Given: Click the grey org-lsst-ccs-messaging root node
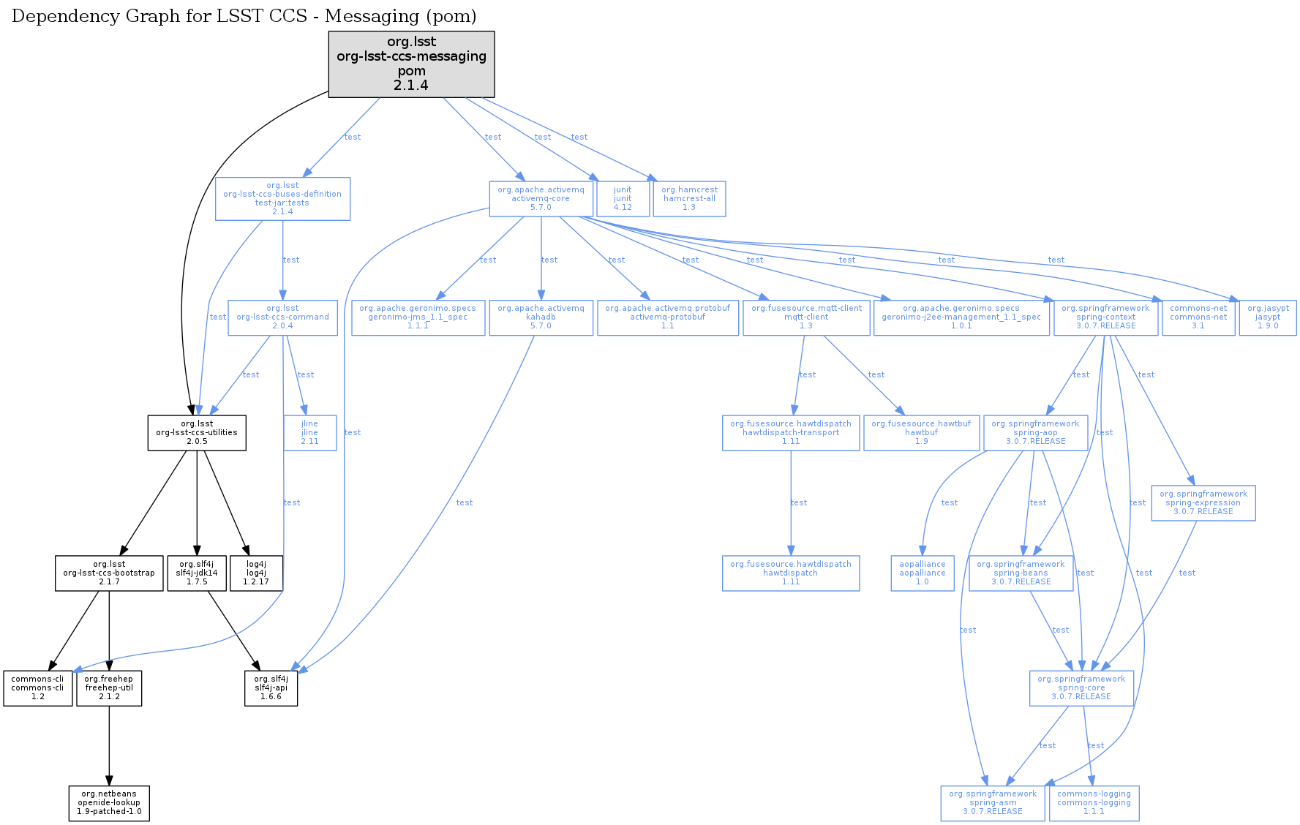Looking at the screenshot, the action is pos(411,64).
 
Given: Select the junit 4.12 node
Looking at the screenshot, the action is pos(623,199).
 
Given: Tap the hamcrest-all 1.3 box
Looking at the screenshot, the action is pos(689,199).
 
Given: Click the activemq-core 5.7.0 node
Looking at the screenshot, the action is pos(541,199).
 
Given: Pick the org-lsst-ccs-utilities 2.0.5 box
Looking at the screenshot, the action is pos(197,433).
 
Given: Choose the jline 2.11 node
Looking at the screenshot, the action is pos(309,433).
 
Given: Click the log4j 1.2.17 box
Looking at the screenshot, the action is pos(256,573).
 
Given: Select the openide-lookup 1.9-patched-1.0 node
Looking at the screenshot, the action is pos(109,803).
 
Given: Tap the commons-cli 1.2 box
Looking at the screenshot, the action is pos(37,688).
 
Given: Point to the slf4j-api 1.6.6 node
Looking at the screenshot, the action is pos(271,688).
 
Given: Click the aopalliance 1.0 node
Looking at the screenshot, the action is pos(923,573).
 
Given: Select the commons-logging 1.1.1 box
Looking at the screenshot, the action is pos(1094,803).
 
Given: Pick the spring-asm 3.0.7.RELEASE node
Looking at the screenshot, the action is pos(993,803).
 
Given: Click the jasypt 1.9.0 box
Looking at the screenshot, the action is pos(1268,317).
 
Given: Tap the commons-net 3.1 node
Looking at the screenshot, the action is pos(1198,317).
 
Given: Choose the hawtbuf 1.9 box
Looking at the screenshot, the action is pos(921,433).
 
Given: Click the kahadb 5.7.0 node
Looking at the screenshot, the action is pos(541,317).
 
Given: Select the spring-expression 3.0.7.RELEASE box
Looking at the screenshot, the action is pos(1203,503).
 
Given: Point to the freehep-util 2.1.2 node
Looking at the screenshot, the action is pos(109,688).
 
